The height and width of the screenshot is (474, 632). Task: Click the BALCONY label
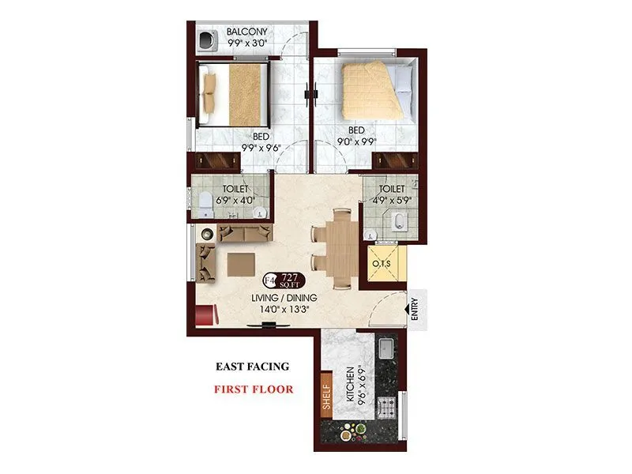(247, 32)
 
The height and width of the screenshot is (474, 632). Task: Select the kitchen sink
(388, 348)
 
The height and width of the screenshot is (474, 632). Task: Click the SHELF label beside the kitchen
(326, 399)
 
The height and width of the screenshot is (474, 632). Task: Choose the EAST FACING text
(253, 367)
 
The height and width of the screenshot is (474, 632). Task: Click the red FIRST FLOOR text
(254, 389)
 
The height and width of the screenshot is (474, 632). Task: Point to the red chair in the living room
(205, 314)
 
